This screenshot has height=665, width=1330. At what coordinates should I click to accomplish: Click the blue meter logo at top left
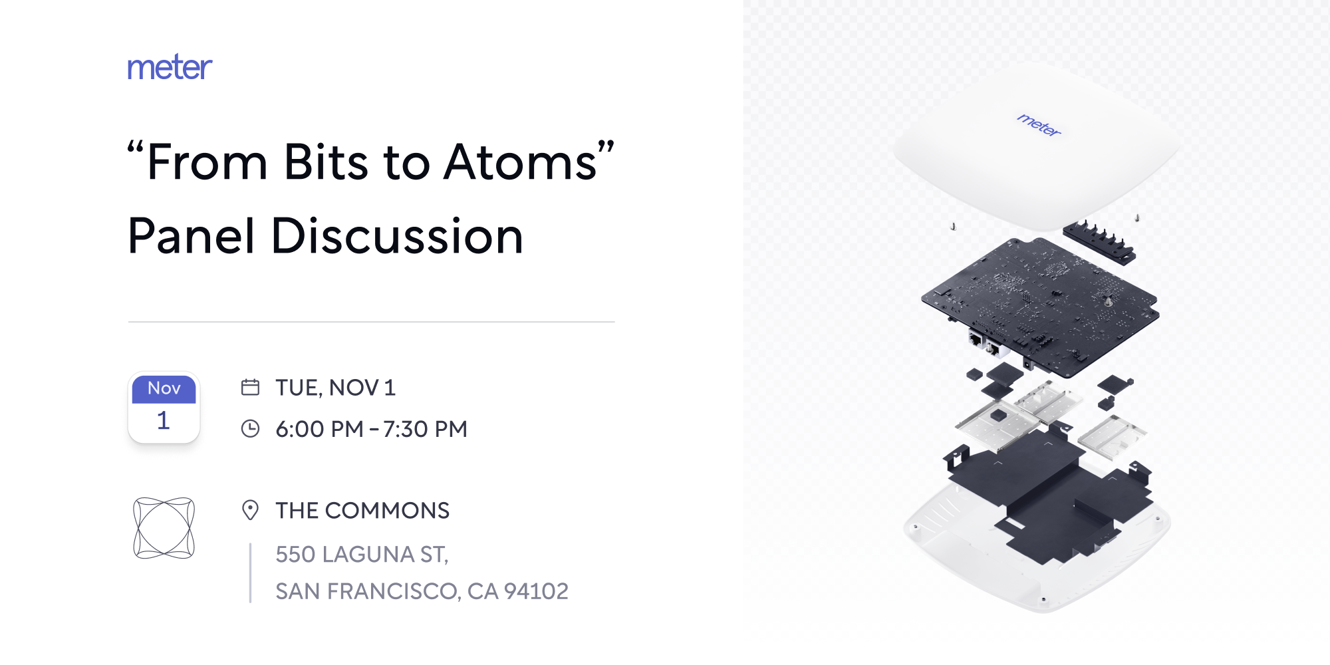point(170,68)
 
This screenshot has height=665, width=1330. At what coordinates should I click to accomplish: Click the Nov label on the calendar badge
point(164,388)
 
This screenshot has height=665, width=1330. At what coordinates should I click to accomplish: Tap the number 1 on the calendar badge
point(164,420)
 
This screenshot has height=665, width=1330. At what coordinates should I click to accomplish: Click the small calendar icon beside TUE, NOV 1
point(250,387)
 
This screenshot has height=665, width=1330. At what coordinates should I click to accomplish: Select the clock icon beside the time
point(250,429)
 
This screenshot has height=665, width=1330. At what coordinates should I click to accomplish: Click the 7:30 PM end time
point(425,430)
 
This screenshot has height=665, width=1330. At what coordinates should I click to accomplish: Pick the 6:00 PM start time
point(319,430)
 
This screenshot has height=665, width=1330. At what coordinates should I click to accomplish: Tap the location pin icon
point(250,510)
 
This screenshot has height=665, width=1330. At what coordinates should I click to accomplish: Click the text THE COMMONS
point(362,511)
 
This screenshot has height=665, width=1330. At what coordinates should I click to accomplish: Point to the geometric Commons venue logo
point(164,528)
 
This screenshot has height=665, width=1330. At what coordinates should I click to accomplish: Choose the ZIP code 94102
point(536,591)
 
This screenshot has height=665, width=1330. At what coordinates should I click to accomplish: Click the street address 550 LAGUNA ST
point(362,555)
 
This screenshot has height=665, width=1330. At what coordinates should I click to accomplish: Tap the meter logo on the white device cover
point(1039,124)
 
